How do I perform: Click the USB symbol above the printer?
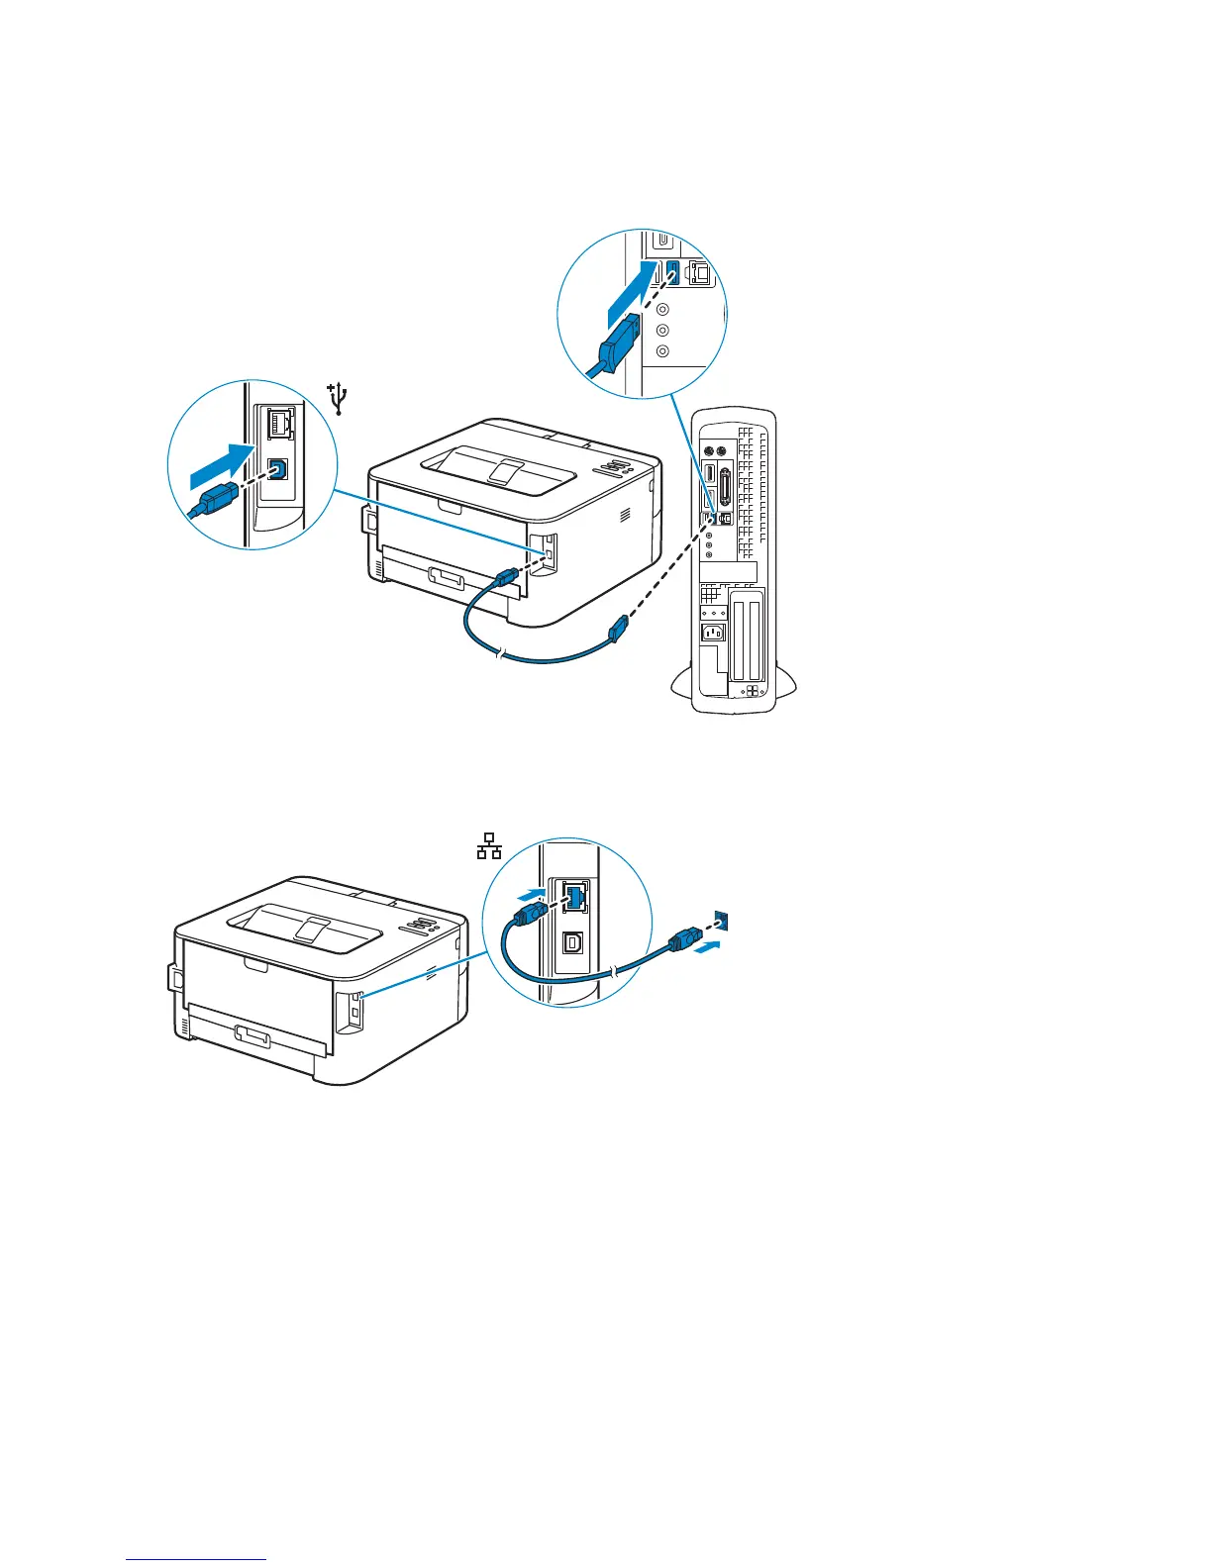click(340, 398)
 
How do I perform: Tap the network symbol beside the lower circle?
click(489, 847)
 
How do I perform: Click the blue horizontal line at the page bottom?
click(196, 1560)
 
